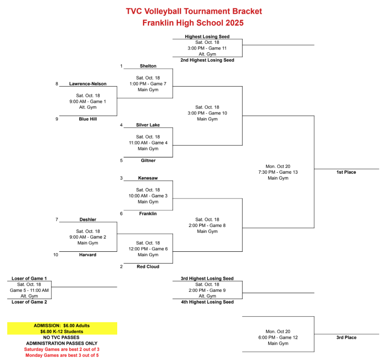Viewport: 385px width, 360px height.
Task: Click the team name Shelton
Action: (x=148, y=66)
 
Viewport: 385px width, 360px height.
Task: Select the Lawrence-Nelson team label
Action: (x=88, y=83)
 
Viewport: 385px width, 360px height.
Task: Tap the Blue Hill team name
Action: (x=88, y=119)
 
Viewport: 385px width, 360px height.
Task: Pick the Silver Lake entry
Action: (x=148, y=125)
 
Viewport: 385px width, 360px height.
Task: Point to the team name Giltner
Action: (x=148, y=160)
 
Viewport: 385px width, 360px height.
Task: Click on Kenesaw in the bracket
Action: (x=148, y=178)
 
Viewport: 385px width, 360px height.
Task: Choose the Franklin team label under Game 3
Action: (x=148, y=213)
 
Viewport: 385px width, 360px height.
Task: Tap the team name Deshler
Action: (x=88, y=220)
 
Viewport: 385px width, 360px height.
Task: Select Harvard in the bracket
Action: (x=88, y=255)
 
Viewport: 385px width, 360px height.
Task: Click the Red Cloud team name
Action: (x=148, y=267)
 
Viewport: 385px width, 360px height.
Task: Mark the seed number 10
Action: (x=56, y=255)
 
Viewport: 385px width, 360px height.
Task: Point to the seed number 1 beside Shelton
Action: (x=121, y=66)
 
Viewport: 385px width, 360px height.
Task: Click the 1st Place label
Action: (x=346, y=172)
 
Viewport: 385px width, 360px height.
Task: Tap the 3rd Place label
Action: (x=346, y=337)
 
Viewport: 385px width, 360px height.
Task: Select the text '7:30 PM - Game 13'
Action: (x=278, y=172)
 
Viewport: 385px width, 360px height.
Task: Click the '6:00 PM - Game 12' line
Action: (x=278, y=337)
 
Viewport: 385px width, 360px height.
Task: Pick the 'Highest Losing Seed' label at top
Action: (x=207, y=37)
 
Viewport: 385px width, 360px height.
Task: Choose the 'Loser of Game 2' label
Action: (x=30, y=302)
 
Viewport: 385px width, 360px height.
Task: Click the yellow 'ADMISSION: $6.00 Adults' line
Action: (x=62, y=325)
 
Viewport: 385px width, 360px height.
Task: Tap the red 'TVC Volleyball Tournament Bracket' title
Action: (x=194, y=11)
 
